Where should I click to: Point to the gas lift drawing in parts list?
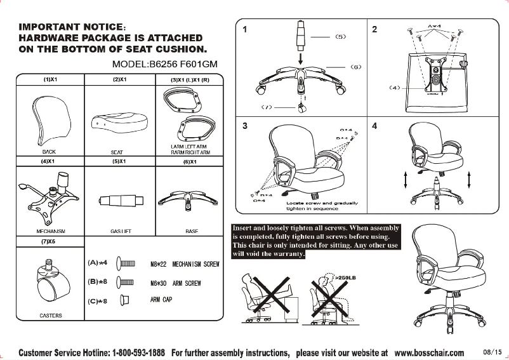coord(119,201)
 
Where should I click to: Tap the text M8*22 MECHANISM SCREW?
coord(184,263)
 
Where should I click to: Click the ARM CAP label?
coord(161,299)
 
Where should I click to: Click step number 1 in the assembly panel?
coord(245,29)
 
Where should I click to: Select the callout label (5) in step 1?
coord(340,37)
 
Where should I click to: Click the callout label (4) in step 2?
coord(394,88)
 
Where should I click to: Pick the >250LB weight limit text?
coord(345,277)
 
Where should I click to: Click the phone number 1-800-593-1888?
coord(139,352)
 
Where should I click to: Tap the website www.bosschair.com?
coord(429,352)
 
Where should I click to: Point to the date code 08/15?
coord(492,352)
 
